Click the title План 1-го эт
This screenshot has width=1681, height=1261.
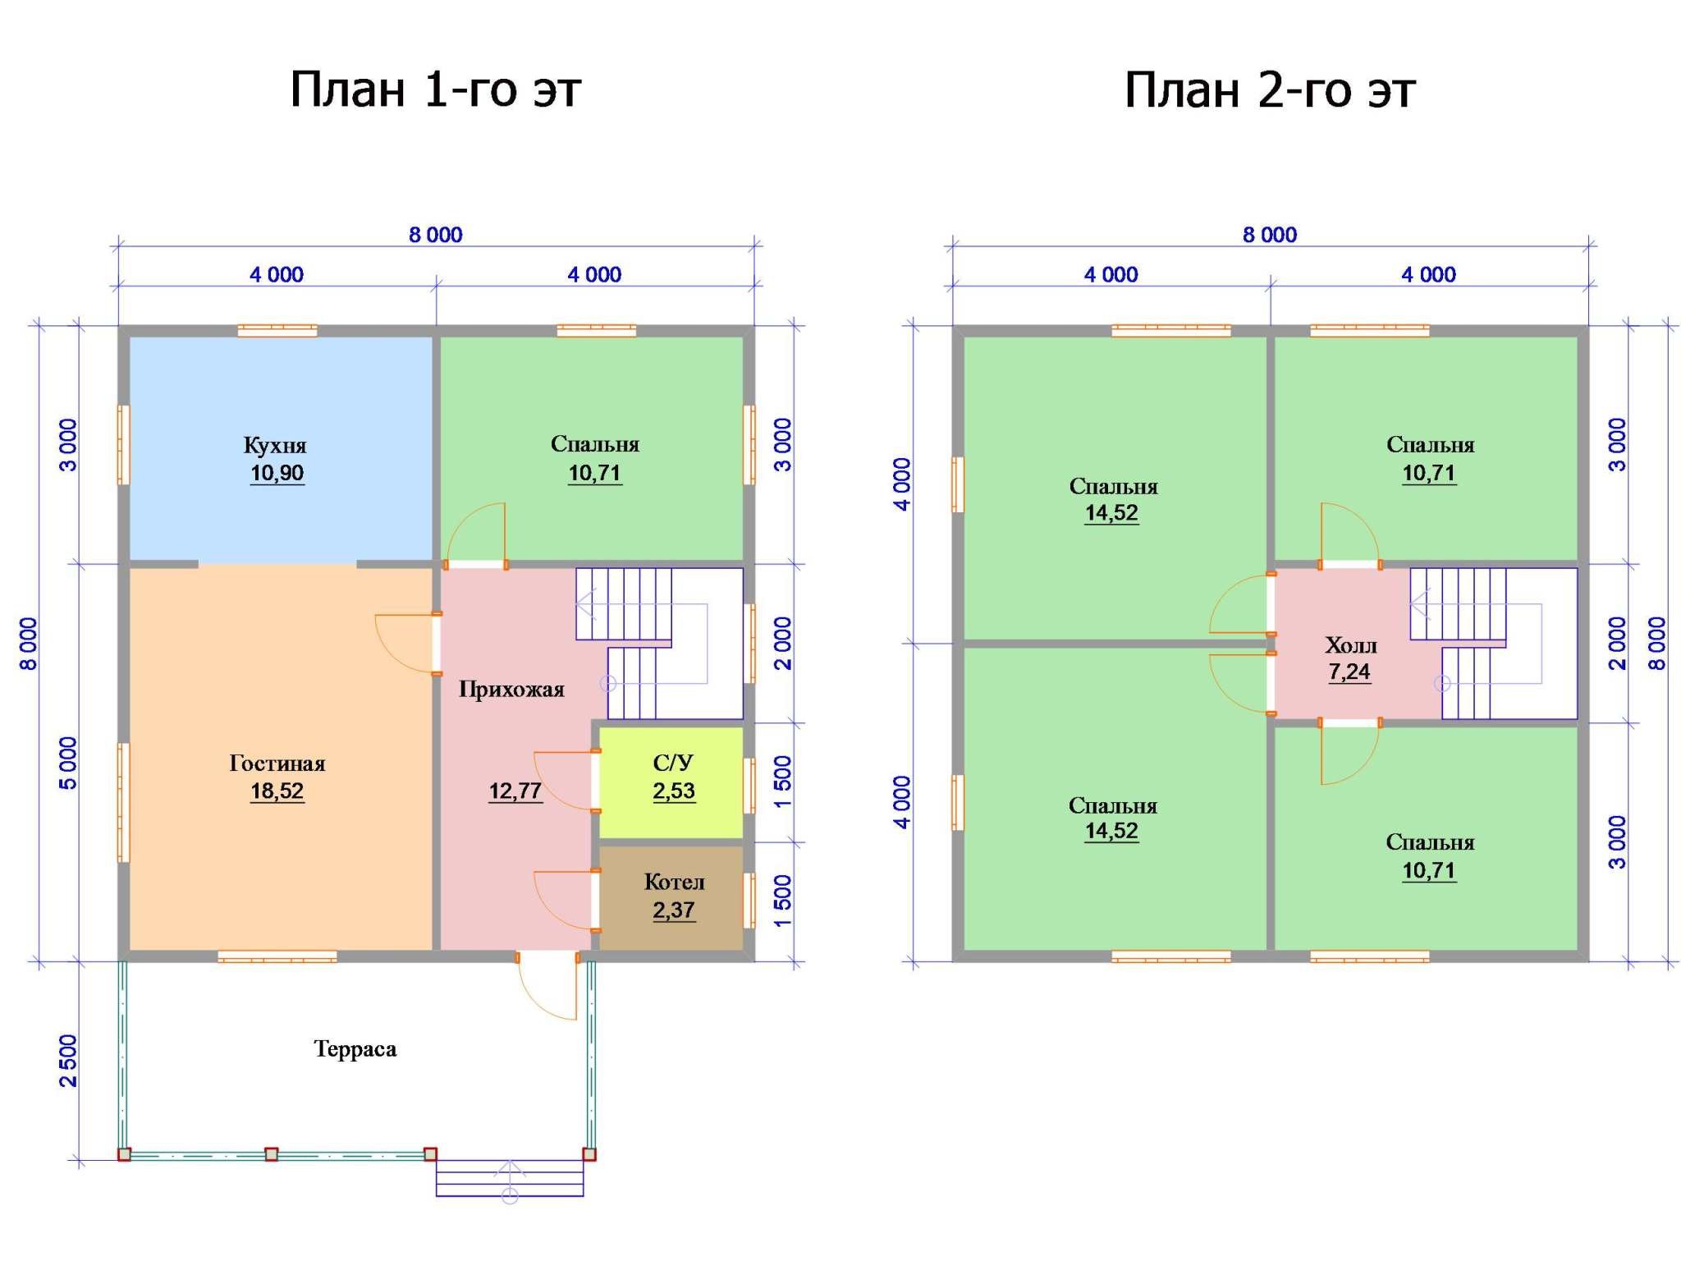435,89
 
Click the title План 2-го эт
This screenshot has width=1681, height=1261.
1269,89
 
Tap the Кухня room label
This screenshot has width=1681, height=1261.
275,446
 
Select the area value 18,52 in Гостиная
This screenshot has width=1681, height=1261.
277,791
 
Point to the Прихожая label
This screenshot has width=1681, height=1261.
511,690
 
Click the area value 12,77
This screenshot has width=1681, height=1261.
515,791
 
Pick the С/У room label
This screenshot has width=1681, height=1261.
673,763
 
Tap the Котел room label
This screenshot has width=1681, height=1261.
674,883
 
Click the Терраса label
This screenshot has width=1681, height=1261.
355,1049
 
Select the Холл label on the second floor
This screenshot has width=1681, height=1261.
1351,645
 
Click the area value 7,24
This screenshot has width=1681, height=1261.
1350,672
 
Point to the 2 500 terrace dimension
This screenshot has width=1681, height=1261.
68,1060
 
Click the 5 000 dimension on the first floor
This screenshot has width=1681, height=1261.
68,763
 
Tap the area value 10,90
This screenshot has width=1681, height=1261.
277,474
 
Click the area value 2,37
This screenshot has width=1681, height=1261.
674,910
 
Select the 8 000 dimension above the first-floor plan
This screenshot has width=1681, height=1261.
436,236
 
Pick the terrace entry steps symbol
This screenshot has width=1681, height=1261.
510,1178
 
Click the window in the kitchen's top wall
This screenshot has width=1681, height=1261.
277,331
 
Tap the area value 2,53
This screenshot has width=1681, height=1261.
674,791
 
